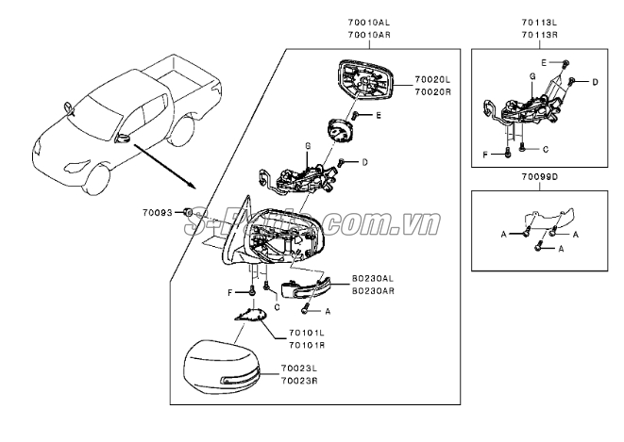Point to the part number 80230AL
[373, 279]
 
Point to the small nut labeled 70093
[188, 213]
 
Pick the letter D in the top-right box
[596, 83]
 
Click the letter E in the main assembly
[379, 115]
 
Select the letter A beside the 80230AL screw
[328, 310]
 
